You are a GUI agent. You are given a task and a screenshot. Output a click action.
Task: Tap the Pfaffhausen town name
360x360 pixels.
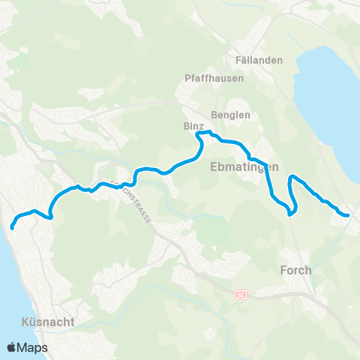205,77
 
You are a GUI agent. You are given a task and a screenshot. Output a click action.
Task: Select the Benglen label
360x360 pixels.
230,115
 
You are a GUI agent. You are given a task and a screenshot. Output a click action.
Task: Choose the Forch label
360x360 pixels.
295,270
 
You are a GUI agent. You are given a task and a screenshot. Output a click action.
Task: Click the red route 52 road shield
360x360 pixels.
240,294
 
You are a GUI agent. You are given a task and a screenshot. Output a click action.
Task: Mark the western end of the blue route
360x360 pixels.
13,226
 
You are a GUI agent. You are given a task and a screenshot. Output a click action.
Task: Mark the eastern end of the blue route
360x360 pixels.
348,216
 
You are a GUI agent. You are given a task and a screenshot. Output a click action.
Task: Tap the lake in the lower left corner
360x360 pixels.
15,300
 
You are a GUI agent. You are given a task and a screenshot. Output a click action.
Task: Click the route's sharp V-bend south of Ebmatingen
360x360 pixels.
289,213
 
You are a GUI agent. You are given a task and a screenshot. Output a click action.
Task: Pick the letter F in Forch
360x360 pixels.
283,270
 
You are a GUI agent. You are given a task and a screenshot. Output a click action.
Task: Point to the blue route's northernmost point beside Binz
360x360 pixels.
201,133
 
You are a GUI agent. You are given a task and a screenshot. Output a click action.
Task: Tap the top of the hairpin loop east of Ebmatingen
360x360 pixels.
292,176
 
